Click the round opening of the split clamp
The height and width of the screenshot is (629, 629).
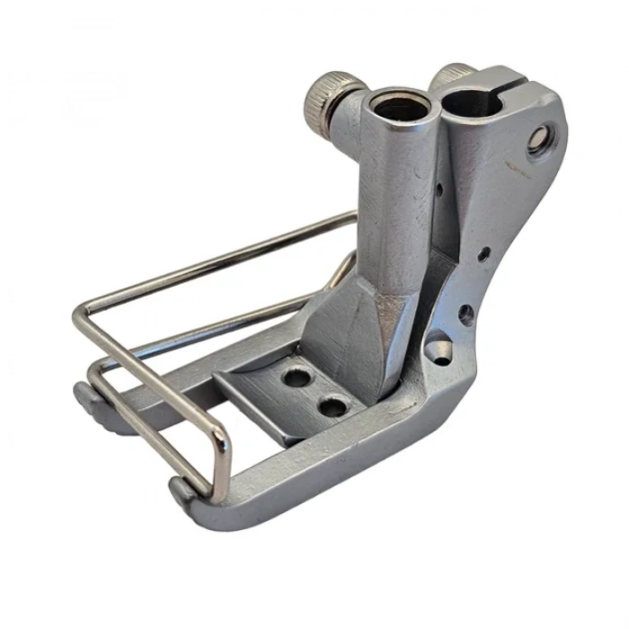[475, 91]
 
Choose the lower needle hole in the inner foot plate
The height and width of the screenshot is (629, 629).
[334, 407]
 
